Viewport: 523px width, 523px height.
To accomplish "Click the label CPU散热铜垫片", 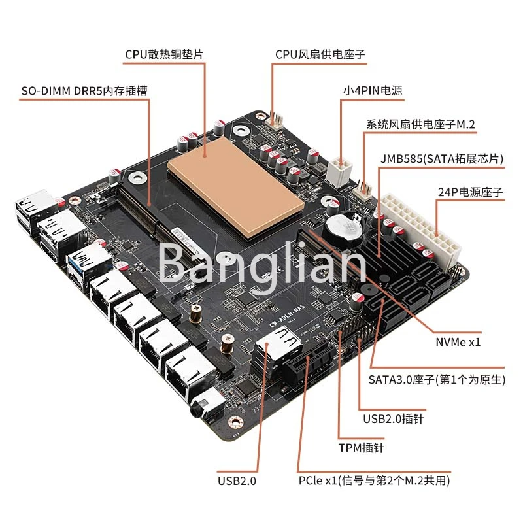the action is click(164, 54).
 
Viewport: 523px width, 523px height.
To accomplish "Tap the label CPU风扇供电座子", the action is click(320, 54).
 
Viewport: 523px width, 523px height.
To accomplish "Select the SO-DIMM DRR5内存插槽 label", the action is click(84, 91).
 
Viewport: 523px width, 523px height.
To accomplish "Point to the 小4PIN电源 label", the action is click(373, 90).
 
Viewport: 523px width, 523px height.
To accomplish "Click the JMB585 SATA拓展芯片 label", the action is click(442, 158).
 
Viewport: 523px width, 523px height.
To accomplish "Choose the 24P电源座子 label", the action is click(470, 192).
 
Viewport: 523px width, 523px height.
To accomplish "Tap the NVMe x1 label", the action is click(458, 342).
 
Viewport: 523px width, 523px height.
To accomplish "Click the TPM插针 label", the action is click(362, 448).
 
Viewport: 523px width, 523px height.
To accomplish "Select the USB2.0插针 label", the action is click(394, 418).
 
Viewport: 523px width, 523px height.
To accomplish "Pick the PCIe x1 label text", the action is click(374, 481).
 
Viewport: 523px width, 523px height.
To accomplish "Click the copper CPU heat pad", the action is click(236, 187).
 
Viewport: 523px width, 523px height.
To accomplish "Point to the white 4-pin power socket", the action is click(339, 171).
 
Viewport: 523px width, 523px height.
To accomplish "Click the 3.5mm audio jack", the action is click(206, 405).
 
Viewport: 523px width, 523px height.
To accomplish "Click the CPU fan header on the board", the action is click(275, 120).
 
